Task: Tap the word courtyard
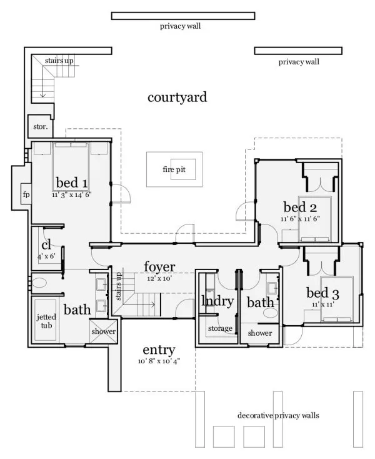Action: (x=177, y=98)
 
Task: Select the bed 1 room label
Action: (x=71, y=183)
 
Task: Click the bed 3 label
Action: (x=322, y=293)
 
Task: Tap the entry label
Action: (x=158, y=350)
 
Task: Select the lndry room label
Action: (x=217, y=301)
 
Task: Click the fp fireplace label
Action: (x=26, y=194)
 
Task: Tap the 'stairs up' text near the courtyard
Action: (x=59, y=61)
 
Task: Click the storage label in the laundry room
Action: (x=221, y=329)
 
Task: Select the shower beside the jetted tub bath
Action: (x=103, y=331)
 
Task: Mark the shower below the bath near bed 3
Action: (x=260, y=333)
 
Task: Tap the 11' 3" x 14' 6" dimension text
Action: (x=71, y=195)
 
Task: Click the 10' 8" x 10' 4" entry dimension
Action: (x=159, y=361)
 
